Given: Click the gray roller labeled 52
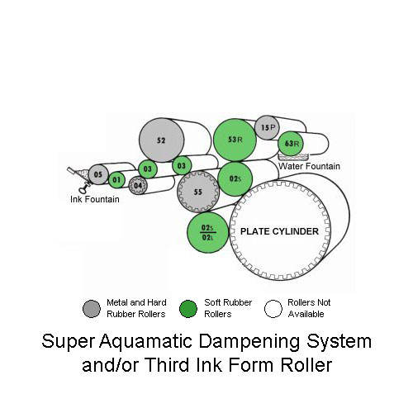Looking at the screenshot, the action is click(161, 140).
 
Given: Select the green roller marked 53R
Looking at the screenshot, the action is click(235, 140).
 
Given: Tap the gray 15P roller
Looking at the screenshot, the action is click(267, 127).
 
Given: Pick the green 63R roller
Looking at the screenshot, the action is click(291, 144).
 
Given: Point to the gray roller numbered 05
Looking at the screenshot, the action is click(98, 174).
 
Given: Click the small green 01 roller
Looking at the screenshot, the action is click(116, 180).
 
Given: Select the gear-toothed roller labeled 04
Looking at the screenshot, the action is click(138, 186).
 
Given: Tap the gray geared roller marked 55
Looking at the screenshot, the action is click(198, 192).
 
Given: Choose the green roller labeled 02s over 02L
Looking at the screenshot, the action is click(208, 233).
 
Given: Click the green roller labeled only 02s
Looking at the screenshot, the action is click(235, 178).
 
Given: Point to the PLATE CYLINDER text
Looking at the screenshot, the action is click(279, 231).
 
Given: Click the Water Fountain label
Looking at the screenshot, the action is click(309, 166).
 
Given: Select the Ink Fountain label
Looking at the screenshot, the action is click(95, 199).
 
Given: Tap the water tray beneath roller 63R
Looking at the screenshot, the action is click(293, 158).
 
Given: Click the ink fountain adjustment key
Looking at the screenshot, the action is click(84, 188).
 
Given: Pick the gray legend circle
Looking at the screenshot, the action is click(92, 309).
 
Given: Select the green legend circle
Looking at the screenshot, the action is click(188, 309).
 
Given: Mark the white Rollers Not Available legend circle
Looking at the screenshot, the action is click(273, 309).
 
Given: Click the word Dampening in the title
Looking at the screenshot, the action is click(249, 342).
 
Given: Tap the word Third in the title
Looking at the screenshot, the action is click(169, 364).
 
